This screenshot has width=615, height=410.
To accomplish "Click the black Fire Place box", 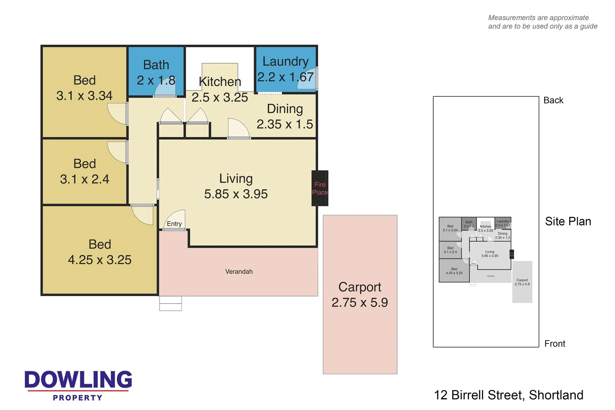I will click(319, 188).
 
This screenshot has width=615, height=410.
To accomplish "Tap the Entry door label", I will click(174, 224).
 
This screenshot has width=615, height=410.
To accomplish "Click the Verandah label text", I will click(239, 272).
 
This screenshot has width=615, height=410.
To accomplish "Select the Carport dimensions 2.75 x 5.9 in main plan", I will click(359, 303).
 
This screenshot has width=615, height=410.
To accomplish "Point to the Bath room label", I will click(156, 65).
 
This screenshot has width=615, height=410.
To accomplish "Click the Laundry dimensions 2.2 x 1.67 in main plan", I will click(285, 77).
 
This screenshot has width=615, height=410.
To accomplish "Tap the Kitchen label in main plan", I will click(220, 82).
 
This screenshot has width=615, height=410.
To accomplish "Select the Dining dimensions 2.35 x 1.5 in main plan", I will click(284, 124).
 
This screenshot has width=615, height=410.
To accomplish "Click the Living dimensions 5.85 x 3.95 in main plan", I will click(236, 194).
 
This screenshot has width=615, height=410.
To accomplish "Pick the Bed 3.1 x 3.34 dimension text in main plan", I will click(84, 96).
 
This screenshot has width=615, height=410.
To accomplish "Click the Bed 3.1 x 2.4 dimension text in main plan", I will click(85, 179).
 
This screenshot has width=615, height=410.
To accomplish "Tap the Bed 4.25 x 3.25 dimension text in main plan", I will click(100, 260).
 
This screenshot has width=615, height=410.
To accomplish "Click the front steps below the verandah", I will click(170, 303).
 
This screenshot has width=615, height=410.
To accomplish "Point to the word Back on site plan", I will click(553, 100).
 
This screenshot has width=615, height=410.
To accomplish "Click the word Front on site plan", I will click(555, 344).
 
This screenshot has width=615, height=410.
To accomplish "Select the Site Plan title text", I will click(568, 222).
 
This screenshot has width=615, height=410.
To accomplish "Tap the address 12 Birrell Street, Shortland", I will click(509, 395).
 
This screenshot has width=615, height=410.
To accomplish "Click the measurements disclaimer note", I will click(542, 22).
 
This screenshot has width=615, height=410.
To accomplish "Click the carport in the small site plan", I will click(522, 282).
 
